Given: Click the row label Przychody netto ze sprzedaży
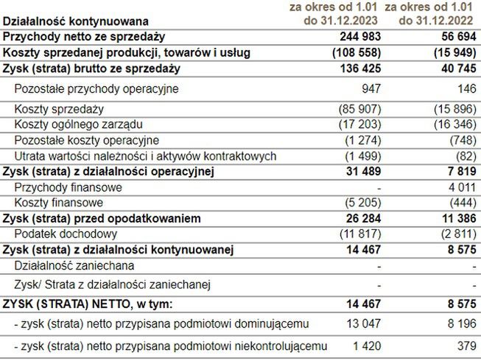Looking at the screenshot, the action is [x=84, y=37].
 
